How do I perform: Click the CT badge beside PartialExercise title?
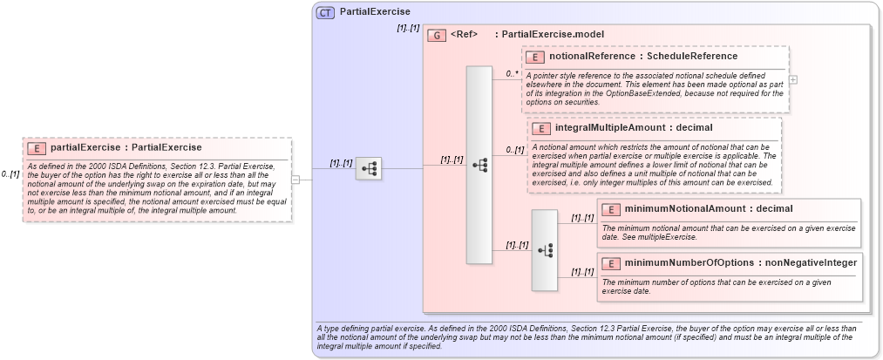325,12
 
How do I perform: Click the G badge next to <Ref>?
438,35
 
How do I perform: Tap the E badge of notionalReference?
535,57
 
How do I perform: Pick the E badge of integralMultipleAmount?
541,129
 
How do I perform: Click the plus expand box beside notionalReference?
792,79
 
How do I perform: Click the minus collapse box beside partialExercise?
295,180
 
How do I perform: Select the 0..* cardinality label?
513,74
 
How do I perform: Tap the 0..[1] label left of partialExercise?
10,174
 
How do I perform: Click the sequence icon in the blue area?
369,168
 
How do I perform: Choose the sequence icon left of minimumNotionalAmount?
546,250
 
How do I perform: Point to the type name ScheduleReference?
694,57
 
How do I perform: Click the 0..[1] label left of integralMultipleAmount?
515,150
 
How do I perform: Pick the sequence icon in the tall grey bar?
479,164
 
